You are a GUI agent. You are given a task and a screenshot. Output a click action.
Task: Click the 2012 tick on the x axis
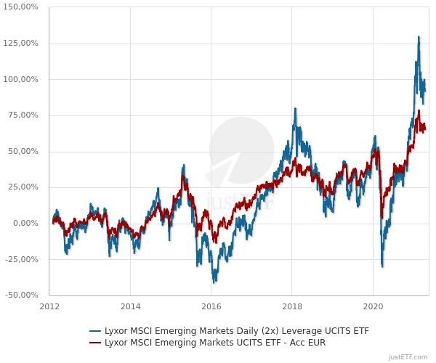pyautogui.click(x=50, y=306)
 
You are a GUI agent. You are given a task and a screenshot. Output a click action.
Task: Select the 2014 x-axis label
pyautogui.click(x=131, y=306)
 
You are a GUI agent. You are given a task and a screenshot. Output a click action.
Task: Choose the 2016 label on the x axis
pyautogui.click(x=211, y=306)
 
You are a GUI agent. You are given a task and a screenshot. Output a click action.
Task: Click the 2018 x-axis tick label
pyautogui.click(x=292, y=306)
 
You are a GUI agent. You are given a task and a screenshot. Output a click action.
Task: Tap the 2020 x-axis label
pyautogui.click(x=373, y=306)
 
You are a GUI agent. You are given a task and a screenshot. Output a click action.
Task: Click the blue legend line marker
pyautogui.click(x=94, y=331)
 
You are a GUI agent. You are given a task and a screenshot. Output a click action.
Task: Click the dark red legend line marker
pyautogui.click(x=94, y=343)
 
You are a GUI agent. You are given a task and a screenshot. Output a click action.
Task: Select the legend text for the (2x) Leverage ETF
pyautogui.click(x=237, y=331)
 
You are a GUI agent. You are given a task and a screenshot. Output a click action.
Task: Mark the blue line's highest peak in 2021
pyautogui.click(x=419, y=37)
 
